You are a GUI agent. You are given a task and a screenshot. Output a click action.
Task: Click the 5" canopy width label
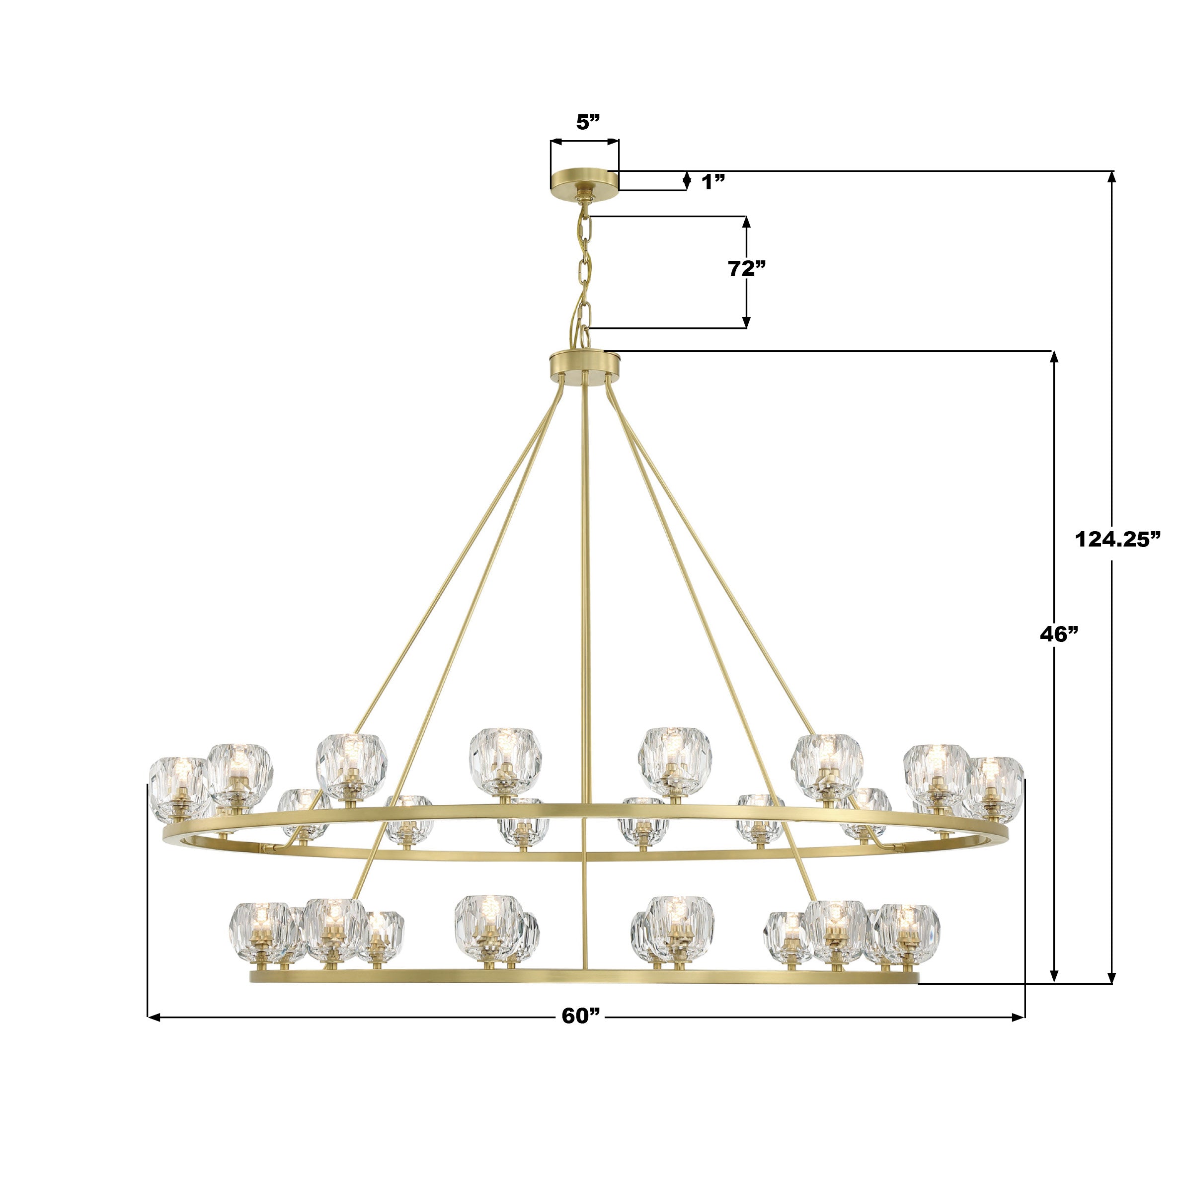tap(589, 122)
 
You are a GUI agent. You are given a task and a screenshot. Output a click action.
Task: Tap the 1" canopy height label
tap(713, 181)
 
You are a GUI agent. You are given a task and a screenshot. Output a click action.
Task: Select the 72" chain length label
tap(746, 268)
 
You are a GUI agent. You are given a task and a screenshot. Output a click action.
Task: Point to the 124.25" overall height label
tap(1117, 539)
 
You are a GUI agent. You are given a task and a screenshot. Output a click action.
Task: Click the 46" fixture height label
tap(1059, 634)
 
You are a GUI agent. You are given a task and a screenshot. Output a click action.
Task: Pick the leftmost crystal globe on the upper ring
tap(179, 788)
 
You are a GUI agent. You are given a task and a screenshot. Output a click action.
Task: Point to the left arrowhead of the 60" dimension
tap(153, 1017)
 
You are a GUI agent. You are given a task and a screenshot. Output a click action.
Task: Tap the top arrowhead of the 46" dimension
tap(1054, 357)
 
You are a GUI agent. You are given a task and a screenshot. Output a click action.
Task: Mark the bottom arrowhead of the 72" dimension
tap(746, 322)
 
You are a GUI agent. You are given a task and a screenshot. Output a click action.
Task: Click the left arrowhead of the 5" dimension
tap(554, 142)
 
